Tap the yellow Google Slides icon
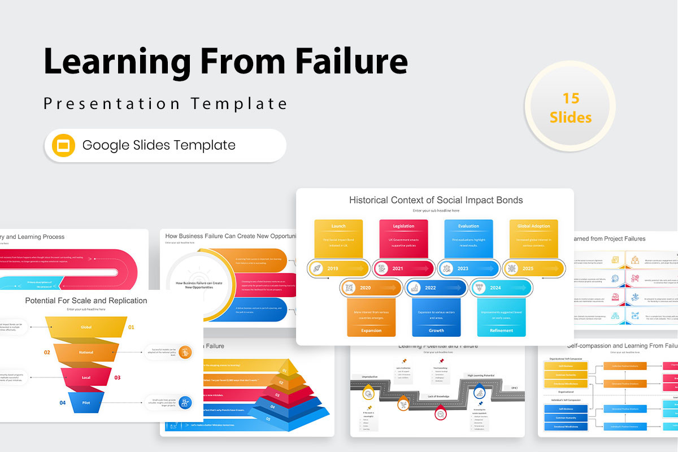(x=63, y=145)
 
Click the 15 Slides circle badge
(x=571, y=108)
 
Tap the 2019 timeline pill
(x=339, y=268)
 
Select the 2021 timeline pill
(x=403, y=268)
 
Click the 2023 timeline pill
(x=468, y=268)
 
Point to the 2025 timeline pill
(x=533, y=268)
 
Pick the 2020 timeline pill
(x=371, y=288)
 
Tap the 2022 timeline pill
(x=436, y=288)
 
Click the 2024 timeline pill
(x=501, y=288)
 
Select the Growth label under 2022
(x=436, y=331)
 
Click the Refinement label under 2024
(x=501, y=331)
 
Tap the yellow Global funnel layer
(x=86, y=327)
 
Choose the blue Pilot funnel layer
(x=86, y=403)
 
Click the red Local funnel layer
(x=86, y=377)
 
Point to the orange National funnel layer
(x=86, y=352)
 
